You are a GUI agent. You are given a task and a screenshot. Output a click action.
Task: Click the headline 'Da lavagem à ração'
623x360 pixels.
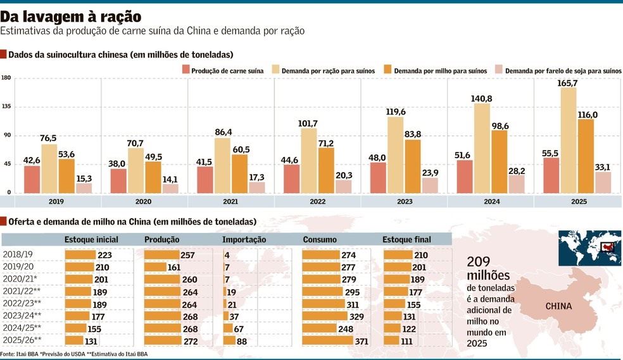70,16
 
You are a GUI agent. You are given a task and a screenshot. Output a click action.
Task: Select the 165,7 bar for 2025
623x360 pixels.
568,140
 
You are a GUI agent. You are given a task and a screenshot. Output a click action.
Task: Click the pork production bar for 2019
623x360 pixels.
32,179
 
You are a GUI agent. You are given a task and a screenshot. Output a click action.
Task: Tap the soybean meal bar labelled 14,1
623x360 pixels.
170,188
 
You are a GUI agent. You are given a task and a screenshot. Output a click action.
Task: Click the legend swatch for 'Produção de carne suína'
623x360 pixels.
186,71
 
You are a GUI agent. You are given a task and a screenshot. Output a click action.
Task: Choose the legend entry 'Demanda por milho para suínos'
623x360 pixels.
440,71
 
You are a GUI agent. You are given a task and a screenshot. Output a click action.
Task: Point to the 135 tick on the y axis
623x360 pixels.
6,107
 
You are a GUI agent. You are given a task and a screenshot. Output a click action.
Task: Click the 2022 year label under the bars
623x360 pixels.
317,202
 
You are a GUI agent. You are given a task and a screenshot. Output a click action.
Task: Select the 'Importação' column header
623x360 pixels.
244,240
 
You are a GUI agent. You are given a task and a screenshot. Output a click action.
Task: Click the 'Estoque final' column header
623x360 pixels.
406,240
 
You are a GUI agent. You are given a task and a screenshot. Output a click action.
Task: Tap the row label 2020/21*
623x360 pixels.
20,278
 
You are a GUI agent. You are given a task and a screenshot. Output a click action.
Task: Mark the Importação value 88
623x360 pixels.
242,340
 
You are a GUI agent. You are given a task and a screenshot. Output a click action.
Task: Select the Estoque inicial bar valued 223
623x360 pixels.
80,255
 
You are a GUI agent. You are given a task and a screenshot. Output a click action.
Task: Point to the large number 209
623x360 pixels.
480,262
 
